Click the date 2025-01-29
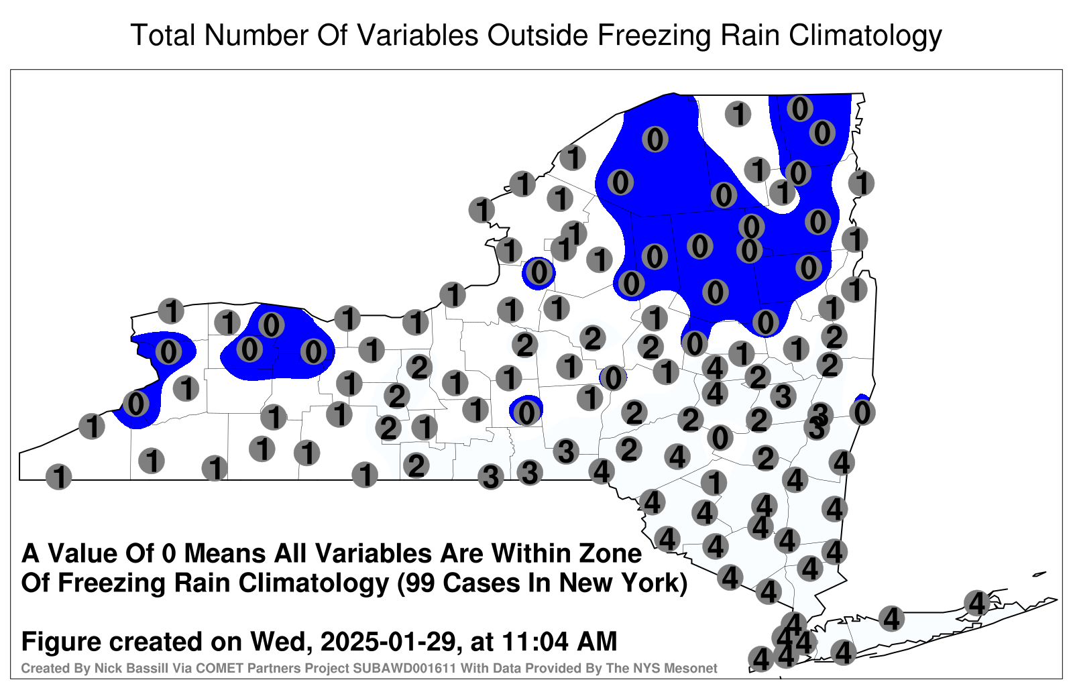click(388, 641)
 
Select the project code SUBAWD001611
click(405, 668)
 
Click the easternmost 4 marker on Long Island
click(976, 603)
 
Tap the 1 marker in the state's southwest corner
click(58, 477)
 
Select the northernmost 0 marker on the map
click(799, 108)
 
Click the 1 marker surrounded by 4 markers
click(714, 482)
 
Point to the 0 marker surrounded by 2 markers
click(720, 437)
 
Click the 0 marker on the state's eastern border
click(862, 412)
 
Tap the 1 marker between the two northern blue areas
click(738, 114)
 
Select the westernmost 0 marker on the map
click(135, 404)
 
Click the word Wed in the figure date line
click(281, 641)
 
